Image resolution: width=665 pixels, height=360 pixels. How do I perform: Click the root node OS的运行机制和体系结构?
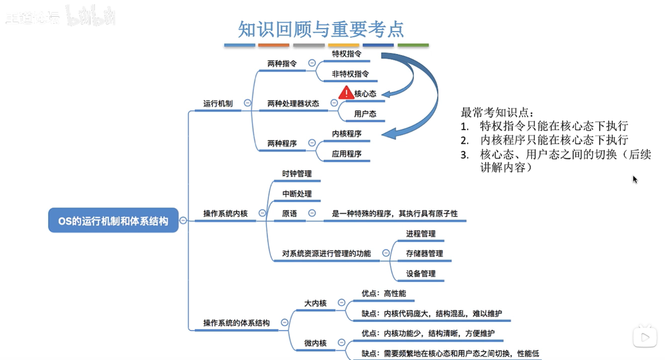tap(113, 221)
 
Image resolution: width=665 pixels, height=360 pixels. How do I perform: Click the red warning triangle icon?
tap(346, 93)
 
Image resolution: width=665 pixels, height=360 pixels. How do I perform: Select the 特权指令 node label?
tap(346, 54)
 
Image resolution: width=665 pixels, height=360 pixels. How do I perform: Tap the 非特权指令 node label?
tap(350, 74)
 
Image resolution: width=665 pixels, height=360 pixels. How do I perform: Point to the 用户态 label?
tap(365, 114)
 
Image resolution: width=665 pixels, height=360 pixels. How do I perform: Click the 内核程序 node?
tap(346, 134)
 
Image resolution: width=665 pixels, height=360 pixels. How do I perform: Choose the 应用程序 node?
tap(346, 154)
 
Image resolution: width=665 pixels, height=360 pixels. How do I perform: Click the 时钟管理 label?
tap(297, 174)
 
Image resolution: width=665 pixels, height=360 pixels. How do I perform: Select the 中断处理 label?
tap(297, 194)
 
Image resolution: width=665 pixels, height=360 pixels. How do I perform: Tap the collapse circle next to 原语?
tap(312, 213)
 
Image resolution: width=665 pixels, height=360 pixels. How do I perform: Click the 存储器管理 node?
tap(424, 254)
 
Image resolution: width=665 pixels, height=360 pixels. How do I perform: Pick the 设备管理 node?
tap(421, 274)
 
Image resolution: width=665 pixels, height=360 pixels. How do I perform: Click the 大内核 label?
tap(315, 303)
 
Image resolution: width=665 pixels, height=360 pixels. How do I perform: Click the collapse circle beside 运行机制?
tap(247, 103)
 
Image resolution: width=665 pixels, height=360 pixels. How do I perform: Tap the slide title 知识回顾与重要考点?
tap(321, 29)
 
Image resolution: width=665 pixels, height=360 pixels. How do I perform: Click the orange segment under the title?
tap(274, 45)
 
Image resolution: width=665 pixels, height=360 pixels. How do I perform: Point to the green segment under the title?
tap(413, 45)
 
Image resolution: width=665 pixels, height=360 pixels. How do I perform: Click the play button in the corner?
tap(645, 337)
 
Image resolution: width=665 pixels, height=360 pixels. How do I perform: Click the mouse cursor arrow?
tap(635, 179)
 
